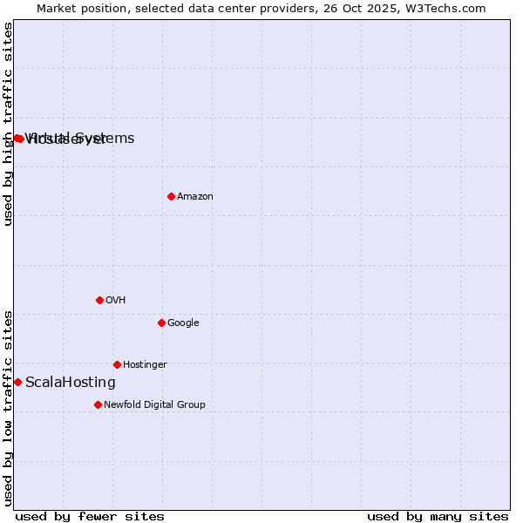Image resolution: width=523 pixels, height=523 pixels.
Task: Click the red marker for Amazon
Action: tap(171, 196)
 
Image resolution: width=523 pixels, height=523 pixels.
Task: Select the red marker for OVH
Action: tap(99, 300)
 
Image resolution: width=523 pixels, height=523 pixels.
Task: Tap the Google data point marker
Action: tap(161, 323)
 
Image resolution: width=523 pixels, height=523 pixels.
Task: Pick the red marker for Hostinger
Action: tap(117, 364)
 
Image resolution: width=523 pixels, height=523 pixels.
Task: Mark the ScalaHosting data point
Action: tap(17, 382)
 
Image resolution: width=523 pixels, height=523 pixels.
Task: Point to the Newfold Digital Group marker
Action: tap(98, 404)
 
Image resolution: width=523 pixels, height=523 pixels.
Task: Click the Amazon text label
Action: tap(195, 197)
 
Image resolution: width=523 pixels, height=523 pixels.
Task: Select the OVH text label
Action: tap(116, 301)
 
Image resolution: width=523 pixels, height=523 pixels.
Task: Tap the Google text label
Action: tap(183, 323)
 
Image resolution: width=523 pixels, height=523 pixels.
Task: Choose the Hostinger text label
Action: tap(145, 365)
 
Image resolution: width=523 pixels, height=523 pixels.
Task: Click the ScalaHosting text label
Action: tap(71, 383)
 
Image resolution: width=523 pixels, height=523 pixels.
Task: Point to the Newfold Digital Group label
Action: tap(154, 405)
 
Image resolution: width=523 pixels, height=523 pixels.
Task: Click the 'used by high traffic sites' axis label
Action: tap(9, 124)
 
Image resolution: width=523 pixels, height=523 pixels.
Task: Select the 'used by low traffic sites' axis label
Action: tap(9, 407)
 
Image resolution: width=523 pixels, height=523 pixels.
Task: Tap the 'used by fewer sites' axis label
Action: tap(90, 516)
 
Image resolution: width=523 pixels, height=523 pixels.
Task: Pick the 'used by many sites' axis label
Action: tap(438, 516)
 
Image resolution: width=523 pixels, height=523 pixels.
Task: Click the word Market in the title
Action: tap(58, 8)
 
